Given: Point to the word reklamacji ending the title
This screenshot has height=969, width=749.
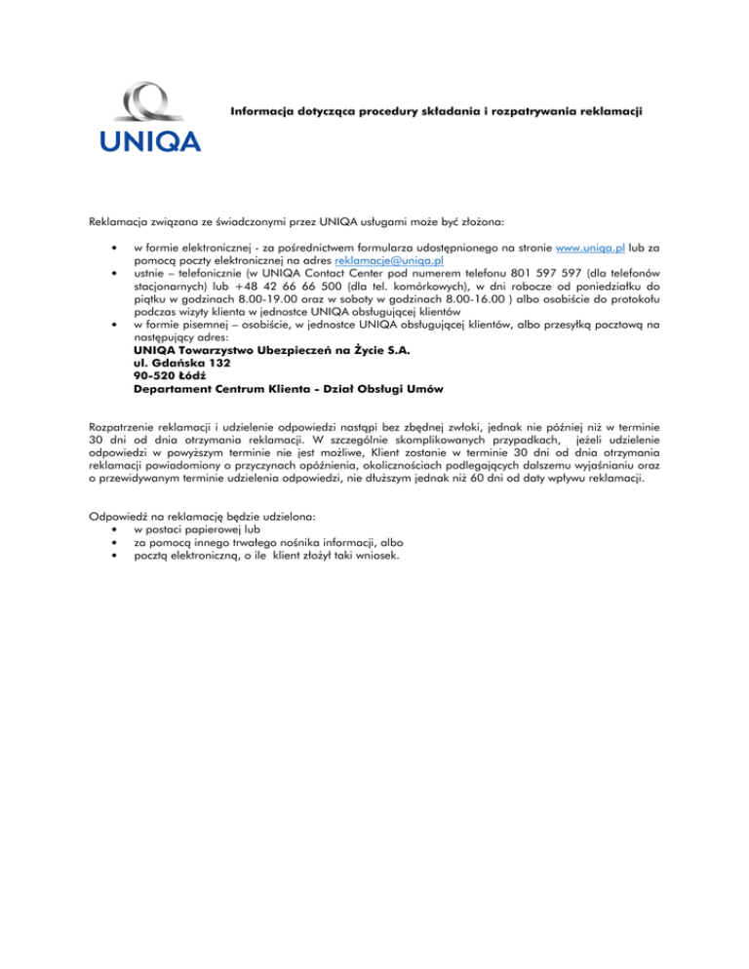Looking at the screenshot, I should point(606,112).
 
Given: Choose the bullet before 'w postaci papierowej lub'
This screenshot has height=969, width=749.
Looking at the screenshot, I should point(116,528).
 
